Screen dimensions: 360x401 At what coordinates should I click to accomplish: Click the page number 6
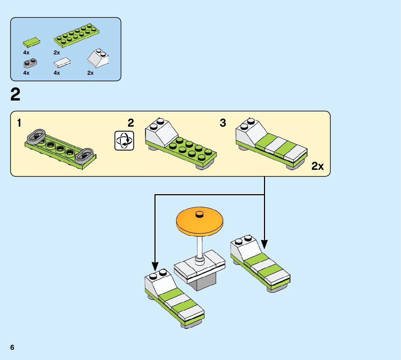point(12,347)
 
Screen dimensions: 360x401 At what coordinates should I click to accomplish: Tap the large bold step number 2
point(16,95)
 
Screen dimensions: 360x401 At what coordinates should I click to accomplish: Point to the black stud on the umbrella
point(199,214)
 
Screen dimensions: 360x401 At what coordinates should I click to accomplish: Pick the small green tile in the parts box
point(32,43)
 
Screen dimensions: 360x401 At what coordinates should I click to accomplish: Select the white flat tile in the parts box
point(62,63)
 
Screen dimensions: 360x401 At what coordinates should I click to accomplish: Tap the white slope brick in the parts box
point(99,58)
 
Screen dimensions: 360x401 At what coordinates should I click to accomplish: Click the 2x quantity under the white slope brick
point(90,73)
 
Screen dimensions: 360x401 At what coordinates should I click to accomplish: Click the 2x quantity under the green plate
point(57,52)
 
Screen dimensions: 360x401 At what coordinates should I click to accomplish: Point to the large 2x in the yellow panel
point(318,167)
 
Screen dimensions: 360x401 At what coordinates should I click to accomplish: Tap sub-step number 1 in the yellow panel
point(19,123)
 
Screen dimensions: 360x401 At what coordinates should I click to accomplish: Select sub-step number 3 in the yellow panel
point(223,123)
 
